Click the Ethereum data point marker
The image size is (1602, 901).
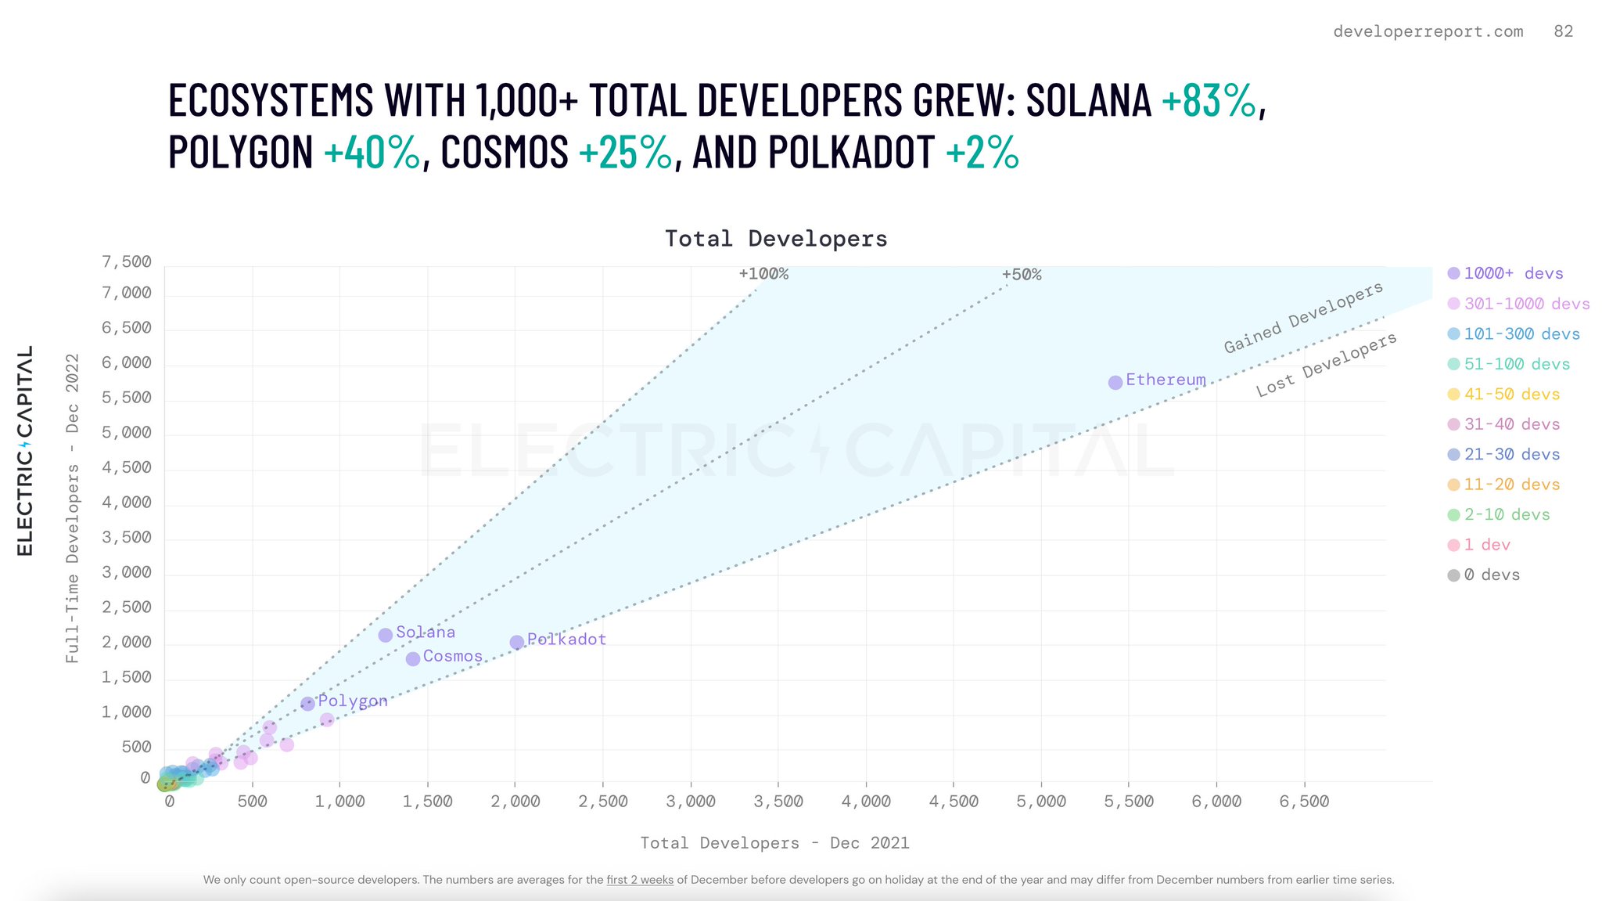pos(1115,382)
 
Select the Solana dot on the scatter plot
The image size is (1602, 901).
pos(386,635)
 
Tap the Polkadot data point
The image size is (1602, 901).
pos(517,643)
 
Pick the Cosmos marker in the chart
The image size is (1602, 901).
pos(413,658)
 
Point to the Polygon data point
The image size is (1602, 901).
pos(308,704)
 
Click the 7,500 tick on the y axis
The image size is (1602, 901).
pos(127,261)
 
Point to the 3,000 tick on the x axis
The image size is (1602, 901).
pos(691,802)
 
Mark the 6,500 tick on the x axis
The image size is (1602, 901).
pos(1304,802)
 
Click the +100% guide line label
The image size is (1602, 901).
pos(763,274)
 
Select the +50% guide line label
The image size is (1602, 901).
pos(1022,275)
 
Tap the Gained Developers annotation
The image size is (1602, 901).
pos(1303,318)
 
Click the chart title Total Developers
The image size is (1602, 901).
pos(776,239)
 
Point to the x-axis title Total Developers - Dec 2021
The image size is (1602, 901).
pos(774,843)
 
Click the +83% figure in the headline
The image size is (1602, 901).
pos(1209,100)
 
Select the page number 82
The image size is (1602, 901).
pos(1563,31)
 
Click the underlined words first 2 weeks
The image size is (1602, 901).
pos(640,880)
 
